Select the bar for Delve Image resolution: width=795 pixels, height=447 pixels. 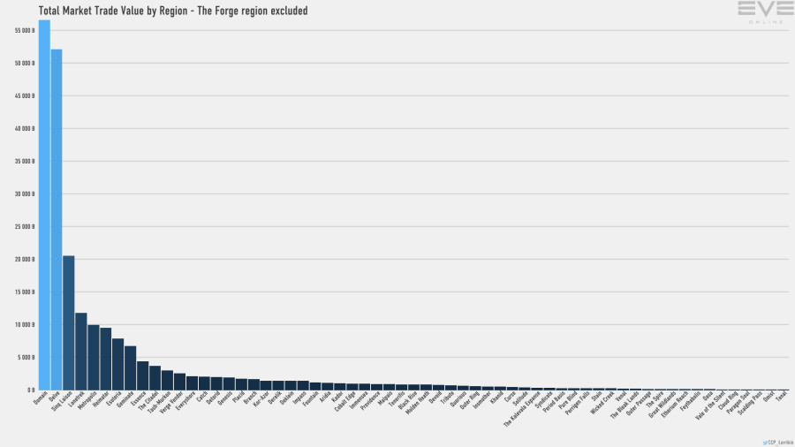(x=57, y=220)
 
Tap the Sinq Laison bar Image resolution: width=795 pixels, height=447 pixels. (x=69, y=323)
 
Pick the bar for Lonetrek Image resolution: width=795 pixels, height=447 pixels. (x=81, y=352)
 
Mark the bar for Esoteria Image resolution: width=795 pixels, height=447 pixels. (x=118, y=365)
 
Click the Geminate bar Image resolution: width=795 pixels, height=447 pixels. (x=131, y=368)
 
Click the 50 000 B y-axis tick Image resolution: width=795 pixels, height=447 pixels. (x=24, y=63)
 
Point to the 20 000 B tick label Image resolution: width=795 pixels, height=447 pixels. (x=24, y=259)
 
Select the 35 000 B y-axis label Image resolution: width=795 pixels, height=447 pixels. (x=24, y=161)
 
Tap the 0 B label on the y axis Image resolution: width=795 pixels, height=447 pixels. (x=30, y=390)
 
